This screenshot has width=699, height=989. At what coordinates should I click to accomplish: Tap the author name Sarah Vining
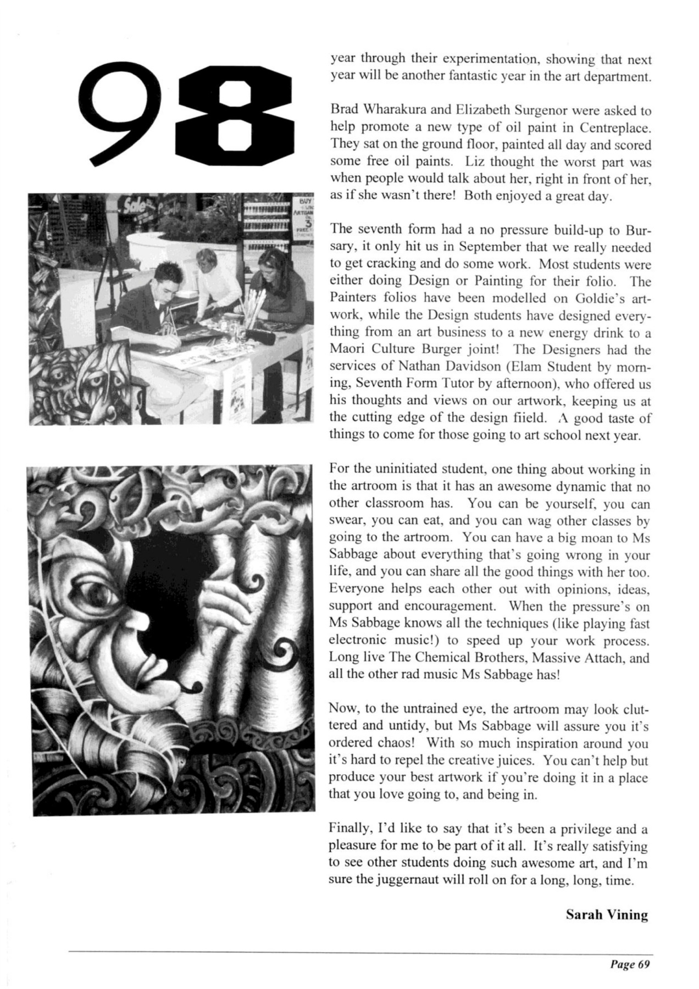pos(607,915)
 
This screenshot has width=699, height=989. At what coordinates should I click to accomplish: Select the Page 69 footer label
pos(629,964)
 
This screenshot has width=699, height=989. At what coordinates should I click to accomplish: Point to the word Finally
pos(348,829)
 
